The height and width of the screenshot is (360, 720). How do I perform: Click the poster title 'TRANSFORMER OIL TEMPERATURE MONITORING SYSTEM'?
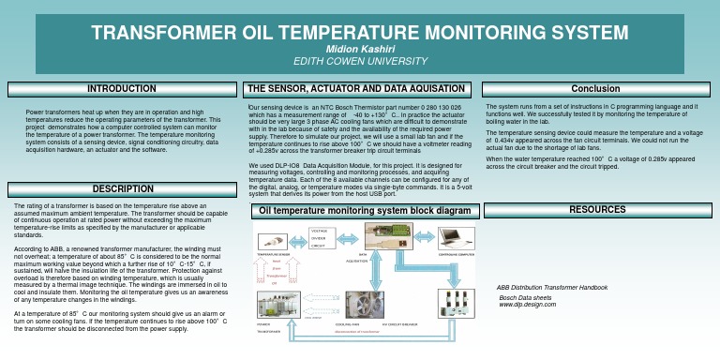[360, 34]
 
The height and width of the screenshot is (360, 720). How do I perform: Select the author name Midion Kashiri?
[359, 50]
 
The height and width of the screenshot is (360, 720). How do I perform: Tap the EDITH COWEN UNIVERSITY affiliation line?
[359, 61]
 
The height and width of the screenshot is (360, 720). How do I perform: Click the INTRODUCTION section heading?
[121, 89]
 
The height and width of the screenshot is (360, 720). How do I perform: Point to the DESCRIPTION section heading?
[121, 189]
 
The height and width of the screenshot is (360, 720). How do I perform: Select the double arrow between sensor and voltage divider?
[298, 240]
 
